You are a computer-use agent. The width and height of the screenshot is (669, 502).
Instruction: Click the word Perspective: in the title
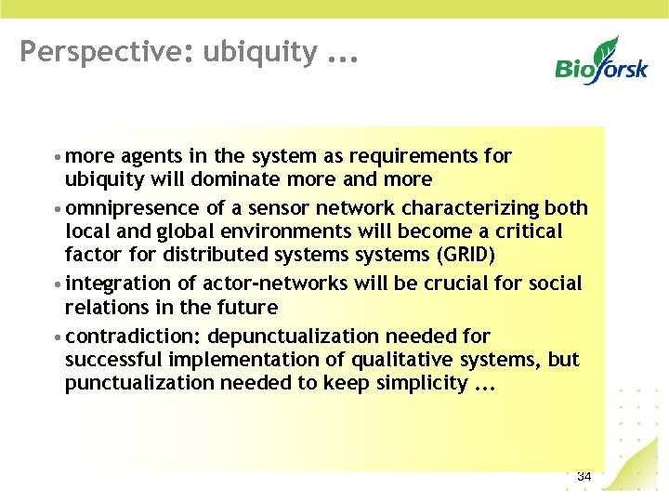(82, 52)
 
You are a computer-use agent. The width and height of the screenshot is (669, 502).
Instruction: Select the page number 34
(584, 476)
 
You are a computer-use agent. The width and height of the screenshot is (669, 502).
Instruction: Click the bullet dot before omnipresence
(58, 208)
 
